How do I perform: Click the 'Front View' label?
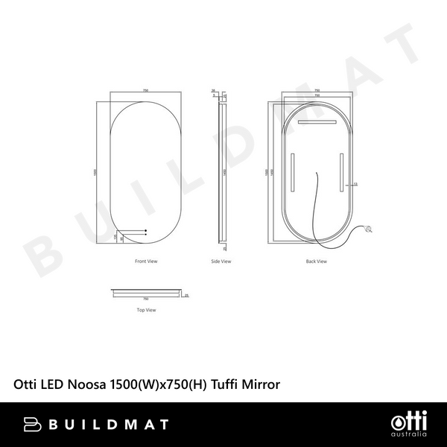point(146,261)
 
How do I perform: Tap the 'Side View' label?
point(221,261)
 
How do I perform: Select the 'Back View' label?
point(317,261)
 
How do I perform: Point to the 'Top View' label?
point(146,309)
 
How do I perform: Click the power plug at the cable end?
point(370,229)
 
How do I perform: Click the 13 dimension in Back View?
point(355,183)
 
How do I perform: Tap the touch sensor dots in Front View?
point(145,232)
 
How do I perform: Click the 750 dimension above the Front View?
point(146,91)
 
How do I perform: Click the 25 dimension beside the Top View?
point(186,295)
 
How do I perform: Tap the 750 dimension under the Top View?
point(146,300)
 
